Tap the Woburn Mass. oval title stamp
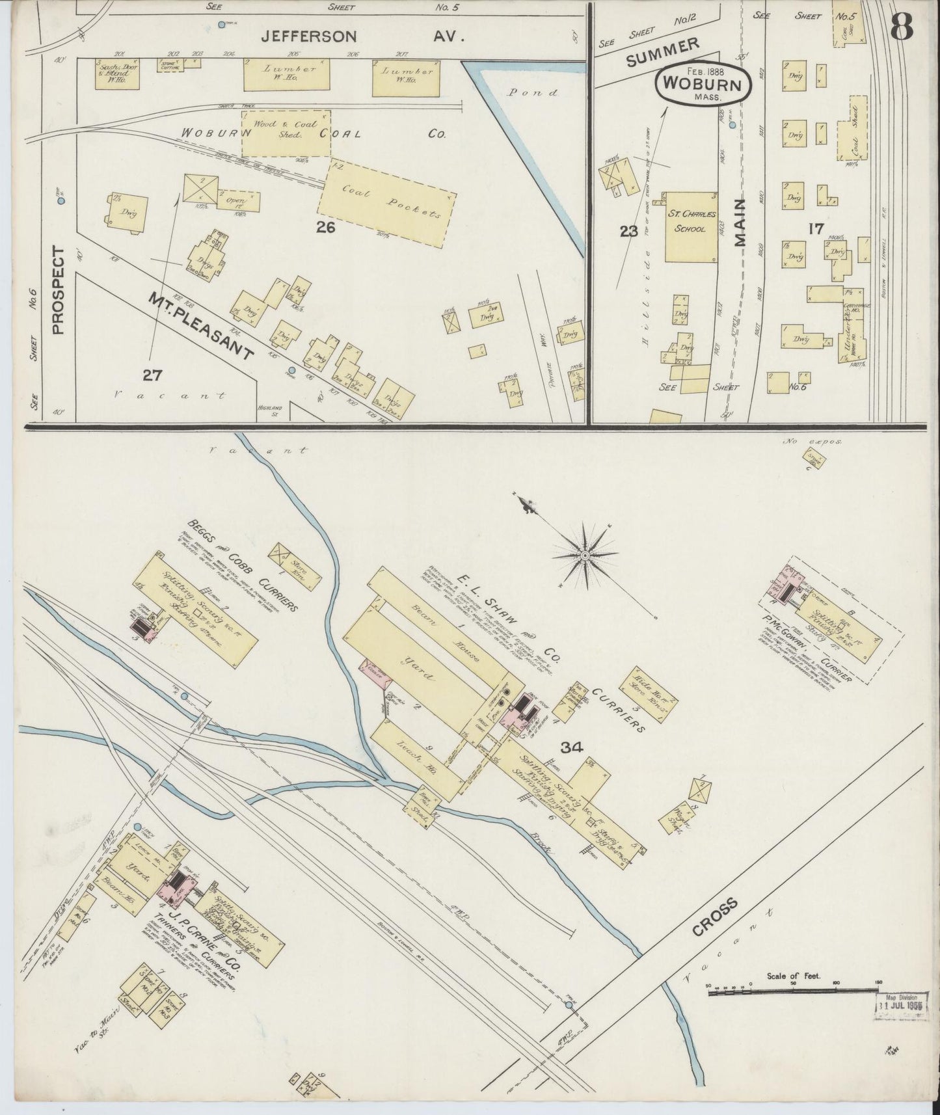[x=703, y=85]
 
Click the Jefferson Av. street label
[x=362, y=38]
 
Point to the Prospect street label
[x=59, y=289]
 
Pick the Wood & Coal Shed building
[x=286, y=133]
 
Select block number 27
[x=152, y=375]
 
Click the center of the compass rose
[x=585, y=554]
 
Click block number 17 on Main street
[x=816, y=228]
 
